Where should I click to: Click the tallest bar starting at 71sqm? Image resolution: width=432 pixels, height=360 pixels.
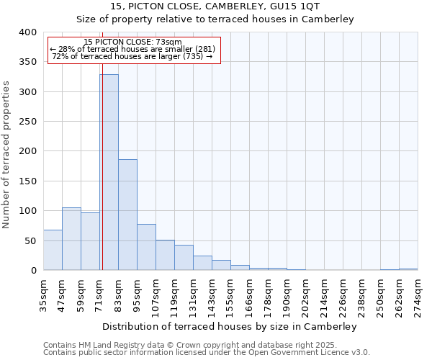tap(109, 173)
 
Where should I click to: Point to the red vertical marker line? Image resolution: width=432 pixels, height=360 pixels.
tap(102, 144)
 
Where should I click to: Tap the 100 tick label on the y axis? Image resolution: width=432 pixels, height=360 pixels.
tap(28, 211)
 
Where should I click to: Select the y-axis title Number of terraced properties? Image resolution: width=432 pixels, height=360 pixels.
tap(6, 154)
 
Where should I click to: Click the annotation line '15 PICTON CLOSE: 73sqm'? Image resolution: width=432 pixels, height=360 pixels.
tap(133, 42)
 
